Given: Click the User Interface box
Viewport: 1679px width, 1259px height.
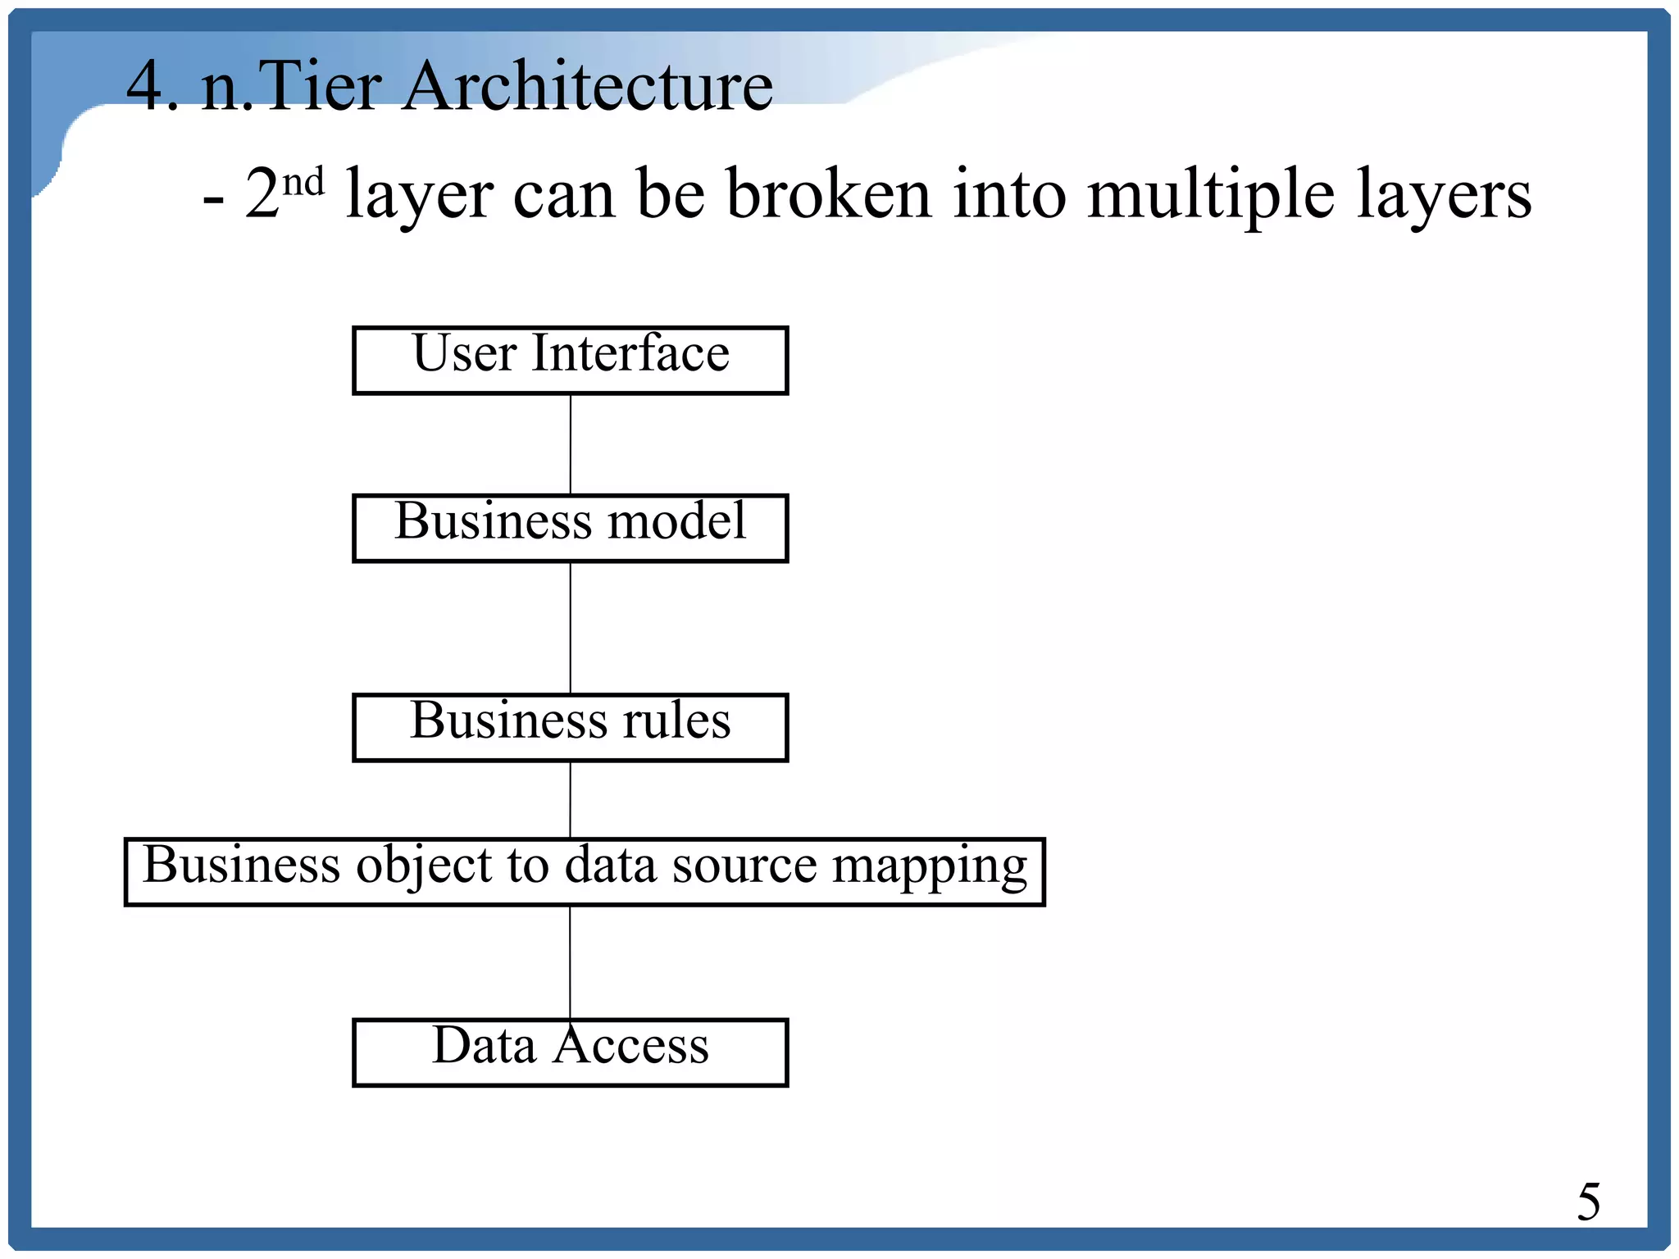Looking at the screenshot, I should [570, 361].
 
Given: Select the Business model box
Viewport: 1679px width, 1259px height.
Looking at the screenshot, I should [570, 528].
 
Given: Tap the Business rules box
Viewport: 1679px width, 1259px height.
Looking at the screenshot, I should [570, 728].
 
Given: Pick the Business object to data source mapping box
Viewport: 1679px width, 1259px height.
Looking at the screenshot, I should [584, 871].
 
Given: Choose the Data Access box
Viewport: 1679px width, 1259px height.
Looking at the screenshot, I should [570, 1052].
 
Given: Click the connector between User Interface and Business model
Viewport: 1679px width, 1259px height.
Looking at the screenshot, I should [571, 444].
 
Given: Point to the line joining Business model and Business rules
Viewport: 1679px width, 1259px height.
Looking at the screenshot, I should [571, 628].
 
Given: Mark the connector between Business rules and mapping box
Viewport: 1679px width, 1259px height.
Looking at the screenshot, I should [571, 799].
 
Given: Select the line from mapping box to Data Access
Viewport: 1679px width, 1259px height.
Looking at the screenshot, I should [571, 961].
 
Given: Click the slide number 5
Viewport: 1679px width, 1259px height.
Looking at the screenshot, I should [1588, 1202].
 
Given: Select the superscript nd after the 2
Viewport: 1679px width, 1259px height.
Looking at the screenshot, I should [303, 182].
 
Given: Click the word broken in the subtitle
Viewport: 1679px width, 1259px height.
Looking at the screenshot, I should [828, 195].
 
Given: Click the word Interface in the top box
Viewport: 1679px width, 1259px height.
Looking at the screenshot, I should [630, 354].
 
